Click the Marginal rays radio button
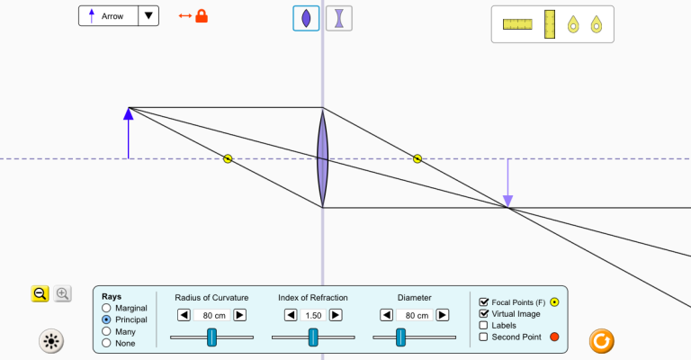tap(106, 308)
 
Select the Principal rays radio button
tap(106, 319)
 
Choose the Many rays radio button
tap(106, 331)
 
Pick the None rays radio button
tap(106, 342)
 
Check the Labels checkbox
tap(483, 325)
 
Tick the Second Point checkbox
tap(483, 337)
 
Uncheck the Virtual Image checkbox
tap(483, 314)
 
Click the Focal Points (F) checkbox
tap(483, 302)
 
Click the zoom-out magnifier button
tap(40, 293)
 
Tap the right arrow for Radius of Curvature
tap(239, 315)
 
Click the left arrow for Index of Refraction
tap(291, 315)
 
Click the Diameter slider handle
tap(400, 337)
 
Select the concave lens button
tap(339, 19)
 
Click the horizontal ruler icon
tap(518, 24)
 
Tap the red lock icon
tap(202, 16)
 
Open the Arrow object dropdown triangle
tap(148, 16)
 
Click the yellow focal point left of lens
tap(228, 158)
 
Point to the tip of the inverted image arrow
tap(507, 207)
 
